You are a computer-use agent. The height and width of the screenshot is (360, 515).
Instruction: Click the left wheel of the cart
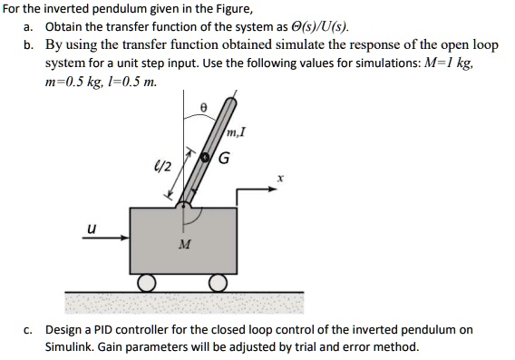pos(144,282)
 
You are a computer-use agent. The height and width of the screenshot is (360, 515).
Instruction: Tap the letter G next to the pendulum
pos(222,160)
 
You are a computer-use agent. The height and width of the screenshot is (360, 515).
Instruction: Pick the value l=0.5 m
pos(134,82)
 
